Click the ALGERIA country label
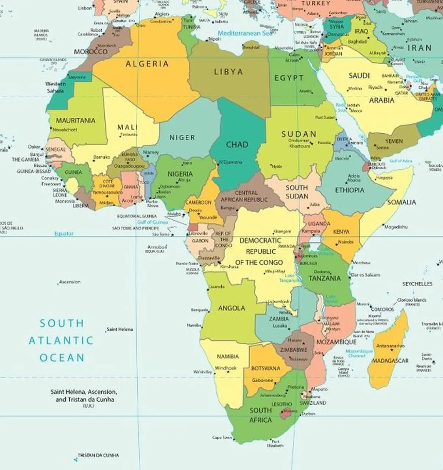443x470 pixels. [x=147, y=64]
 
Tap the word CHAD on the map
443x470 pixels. [x=237, y=144]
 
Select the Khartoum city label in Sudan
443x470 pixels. [x=300, y=146]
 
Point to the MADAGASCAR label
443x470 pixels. [x=390, y=361]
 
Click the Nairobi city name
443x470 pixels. [x=345, y=242]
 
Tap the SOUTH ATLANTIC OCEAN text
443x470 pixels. [x=62, y=340]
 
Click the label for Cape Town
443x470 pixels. [x=222, y=437]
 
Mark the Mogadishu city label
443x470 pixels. [x=396, y=227]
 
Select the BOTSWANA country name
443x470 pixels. [x=266, y=368]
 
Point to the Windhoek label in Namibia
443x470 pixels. [x=225, y=368]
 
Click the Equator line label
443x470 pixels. [x=64, y=234]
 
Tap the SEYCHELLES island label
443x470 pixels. [x=417, y=284]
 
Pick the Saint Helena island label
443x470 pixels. [x=120, y=329]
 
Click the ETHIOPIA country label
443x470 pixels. [x=349, y=190]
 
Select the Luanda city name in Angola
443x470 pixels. [x=217, y=286]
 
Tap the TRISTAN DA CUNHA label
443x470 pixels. [x=98, y=455]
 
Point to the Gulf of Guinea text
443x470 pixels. [x=153, y=222]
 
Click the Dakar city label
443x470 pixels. [x=34, y=147]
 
